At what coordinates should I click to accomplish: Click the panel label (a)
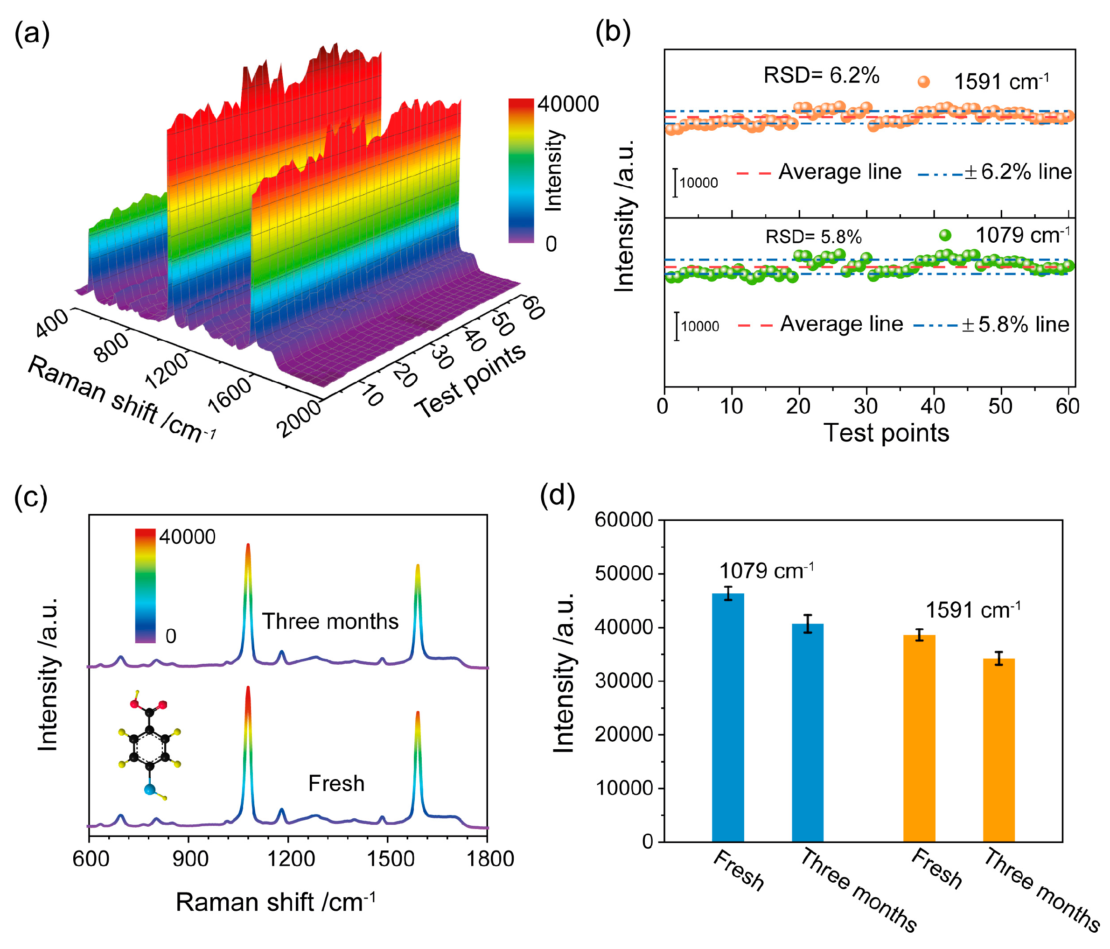coord(32,33)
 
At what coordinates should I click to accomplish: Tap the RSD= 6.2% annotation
coord(821,76)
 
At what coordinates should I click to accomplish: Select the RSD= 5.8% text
coord(813,237)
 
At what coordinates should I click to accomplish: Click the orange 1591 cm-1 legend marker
coord(923,81)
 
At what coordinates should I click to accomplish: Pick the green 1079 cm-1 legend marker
coord(945,235)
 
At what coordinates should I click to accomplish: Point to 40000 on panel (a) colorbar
coord(568,104)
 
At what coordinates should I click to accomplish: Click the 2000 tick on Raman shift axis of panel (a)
coord(300,419)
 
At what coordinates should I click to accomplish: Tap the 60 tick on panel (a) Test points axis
coord(532,308)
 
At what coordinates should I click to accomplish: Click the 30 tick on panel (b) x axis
coord(866,407)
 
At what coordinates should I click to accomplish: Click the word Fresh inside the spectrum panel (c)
coord(336,783)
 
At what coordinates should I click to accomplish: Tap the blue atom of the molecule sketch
coord(150,789)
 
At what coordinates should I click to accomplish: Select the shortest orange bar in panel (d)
coord(998,750)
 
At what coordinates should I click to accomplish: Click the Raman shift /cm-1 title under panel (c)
coord(275,902)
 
